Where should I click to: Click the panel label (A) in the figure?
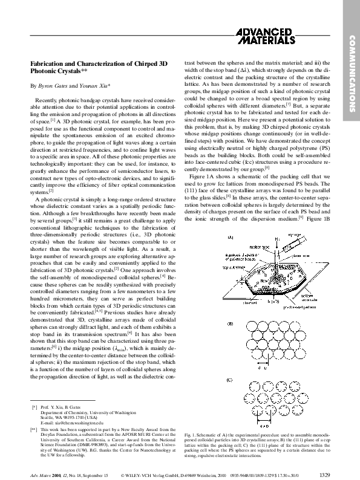coord(231,221)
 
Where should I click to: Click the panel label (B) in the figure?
coord(230,324)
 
